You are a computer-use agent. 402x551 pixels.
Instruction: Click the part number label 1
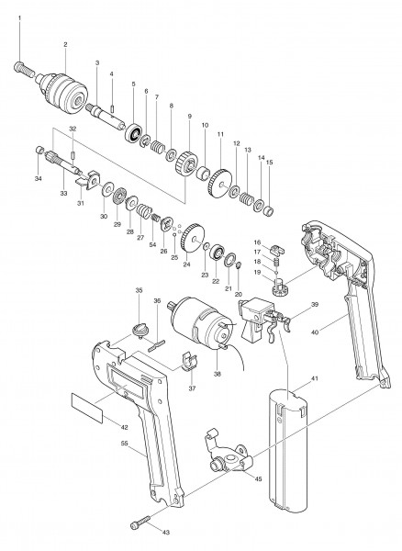[19, 17]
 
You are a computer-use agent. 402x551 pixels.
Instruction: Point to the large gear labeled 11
[220, 185]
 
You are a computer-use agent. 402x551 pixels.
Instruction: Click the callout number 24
[187, 264]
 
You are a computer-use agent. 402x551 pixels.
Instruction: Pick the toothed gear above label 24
[192, 238]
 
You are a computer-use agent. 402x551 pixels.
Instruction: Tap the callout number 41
[314, 378]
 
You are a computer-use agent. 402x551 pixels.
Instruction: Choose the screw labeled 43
[140, 522]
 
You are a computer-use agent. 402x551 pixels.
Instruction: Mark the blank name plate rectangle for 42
[87, 408]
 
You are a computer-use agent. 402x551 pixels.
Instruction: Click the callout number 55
[124, 444]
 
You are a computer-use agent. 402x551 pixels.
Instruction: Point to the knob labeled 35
[139, 331]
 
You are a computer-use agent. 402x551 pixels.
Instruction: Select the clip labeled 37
[190, 362]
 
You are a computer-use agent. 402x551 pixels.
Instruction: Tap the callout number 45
[258, 478]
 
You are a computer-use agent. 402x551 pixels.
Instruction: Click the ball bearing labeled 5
[134, 133]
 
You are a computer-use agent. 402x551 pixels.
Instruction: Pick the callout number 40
[315, 332]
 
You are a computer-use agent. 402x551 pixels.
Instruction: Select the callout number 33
[63, 193]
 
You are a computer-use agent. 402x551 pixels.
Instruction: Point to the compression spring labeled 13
[247, 199]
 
